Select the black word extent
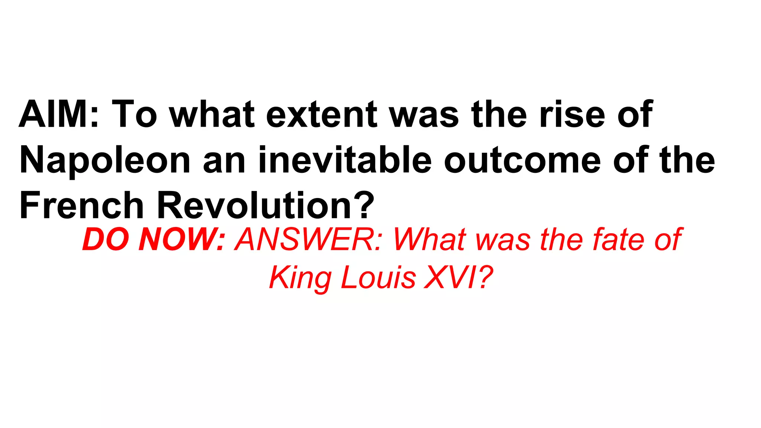pyautogui.click(x=321, y=114)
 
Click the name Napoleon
pyautogui.click(x=105, y=160)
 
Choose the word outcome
pyautogui.click(x=522, y=160)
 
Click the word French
pyautogui.click(x=81, y=205)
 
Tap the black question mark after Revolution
pyautogui.click(x=363, y=205)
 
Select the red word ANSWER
pyautogui.click(x=308, y=240)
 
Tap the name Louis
pyautogui.click(x=378, y=278)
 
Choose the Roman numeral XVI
pyautogui.click(x=450, y=278)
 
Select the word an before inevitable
pyautogui.click(x=224, y=160)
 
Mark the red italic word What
pyautogui.click(x=430, y=240)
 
